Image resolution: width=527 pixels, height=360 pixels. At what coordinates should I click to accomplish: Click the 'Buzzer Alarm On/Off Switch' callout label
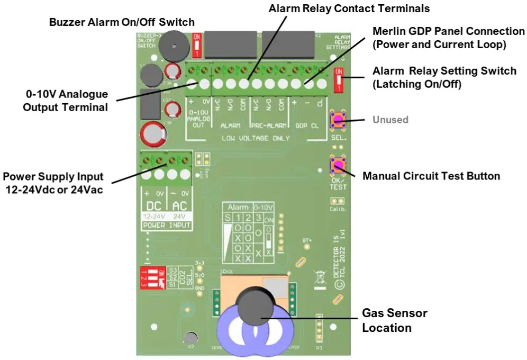122,22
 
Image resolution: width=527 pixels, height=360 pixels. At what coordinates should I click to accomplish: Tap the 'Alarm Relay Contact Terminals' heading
349,8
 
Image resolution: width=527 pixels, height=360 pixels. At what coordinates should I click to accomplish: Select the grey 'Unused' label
390,120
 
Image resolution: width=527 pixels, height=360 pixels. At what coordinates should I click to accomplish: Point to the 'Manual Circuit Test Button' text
431,176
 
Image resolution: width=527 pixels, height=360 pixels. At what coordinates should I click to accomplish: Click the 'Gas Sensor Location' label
394,320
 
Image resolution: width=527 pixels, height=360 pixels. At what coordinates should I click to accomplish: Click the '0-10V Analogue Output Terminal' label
67,101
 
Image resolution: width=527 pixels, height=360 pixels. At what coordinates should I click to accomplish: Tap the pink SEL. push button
338,120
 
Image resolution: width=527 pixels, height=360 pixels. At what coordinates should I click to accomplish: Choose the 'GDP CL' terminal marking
308,126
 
